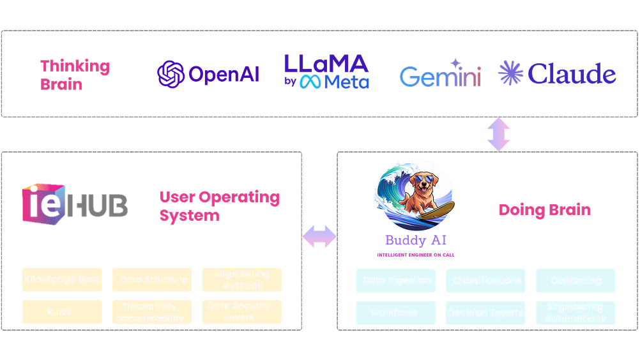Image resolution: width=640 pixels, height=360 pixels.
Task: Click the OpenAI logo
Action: point(208,74)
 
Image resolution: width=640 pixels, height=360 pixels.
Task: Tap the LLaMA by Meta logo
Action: point(326,71)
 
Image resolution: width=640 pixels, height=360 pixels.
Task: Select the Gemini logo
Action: point(440,75)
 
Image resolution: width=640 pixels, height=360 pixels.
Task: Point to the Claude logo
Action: point(557,74)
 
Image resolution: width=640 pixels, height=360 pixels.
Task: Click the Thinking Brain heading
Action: point(75,75)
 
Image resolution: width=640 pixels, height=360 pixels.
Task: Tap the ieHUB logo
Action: point(75,204)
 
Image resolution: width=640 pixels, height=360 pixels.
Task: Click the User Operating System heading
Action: point(219,206)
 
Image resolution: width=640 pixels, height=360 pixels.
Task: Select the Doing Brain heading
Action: point(544,210)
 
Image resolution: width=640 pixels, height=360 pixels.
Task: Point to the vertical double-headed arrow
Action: point(499,135)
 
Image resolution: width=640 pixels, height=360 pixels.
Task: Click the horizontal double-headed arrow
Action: point(319,236)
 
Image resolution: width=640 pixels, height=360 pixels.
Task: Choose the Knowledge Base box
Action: point(62,280)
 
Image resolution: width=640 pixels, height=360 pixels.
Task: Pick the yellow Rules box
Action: point(62,312)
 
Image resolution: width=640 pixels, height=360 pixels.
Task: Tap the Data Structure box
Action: point(152,280)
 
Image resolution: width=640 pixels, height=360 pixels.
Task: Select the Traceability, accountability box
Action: point(152,312)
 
